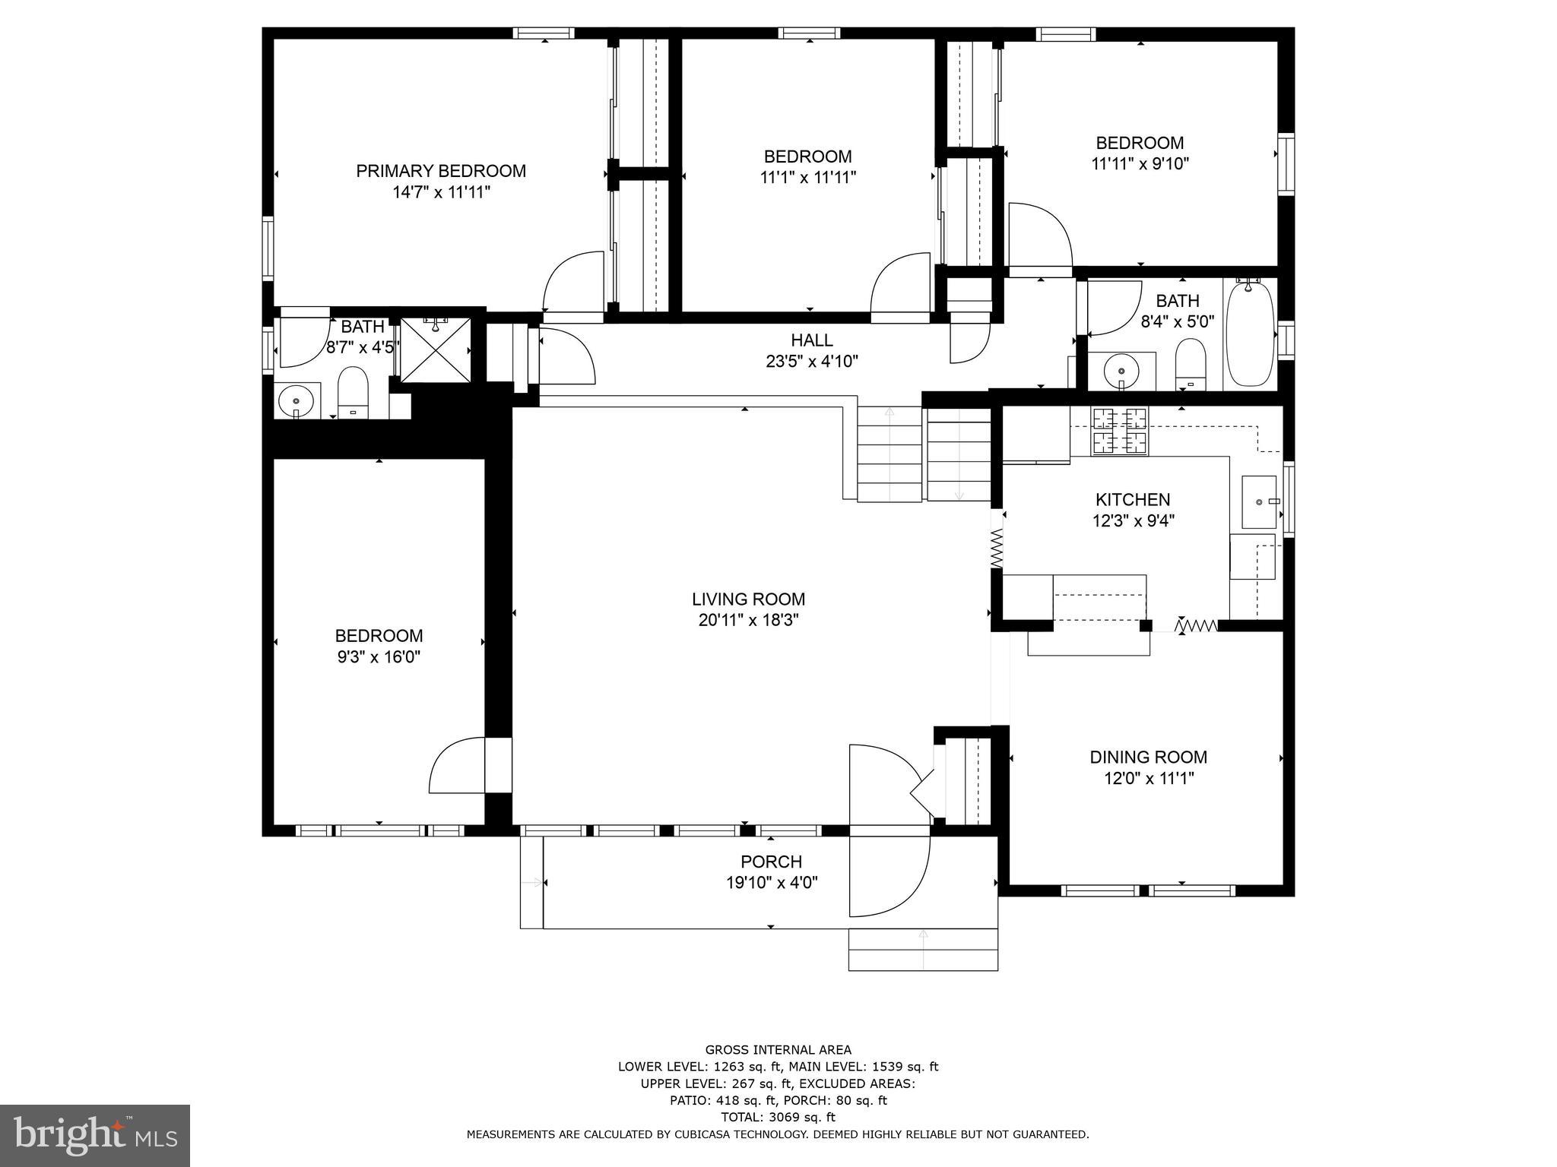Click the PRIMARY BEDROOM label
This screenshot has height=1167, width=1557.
(441, 171)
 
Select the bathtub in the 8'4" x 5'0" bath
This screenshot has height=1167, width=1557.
(1251, 333)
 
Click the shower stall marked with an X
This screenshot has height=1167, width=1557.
(435, 349)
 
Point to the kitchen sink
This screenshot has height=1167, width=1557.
(1258, 501)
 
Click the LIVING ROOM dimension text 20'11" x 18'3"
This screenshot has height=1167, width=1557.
(748, 620)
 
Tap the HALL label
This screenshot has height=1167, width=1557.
(811, 340)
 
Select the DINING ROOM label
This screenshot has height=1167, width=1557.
(1148, 757)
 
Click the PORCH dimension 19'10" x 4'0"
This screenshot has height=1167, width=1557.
(771, 883)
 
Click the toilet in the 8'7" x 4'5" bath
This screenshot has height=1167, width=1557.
(353, 391)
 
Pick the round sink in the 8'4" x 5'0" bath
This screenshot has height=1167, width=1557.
(1121, 371)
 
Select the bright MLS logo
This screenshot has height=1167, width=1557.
(95, 1135)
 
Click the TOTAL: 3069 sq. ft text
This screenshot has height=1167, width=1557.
(778, 1138)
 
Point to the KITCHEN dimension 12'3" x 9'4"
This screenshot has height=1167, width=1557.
(1133, 520)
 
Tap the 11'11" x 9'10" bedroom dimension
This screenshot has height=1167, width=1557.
(1140, 163)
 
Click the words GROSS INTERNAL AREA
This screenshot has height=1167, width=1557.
(778, 1050)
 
